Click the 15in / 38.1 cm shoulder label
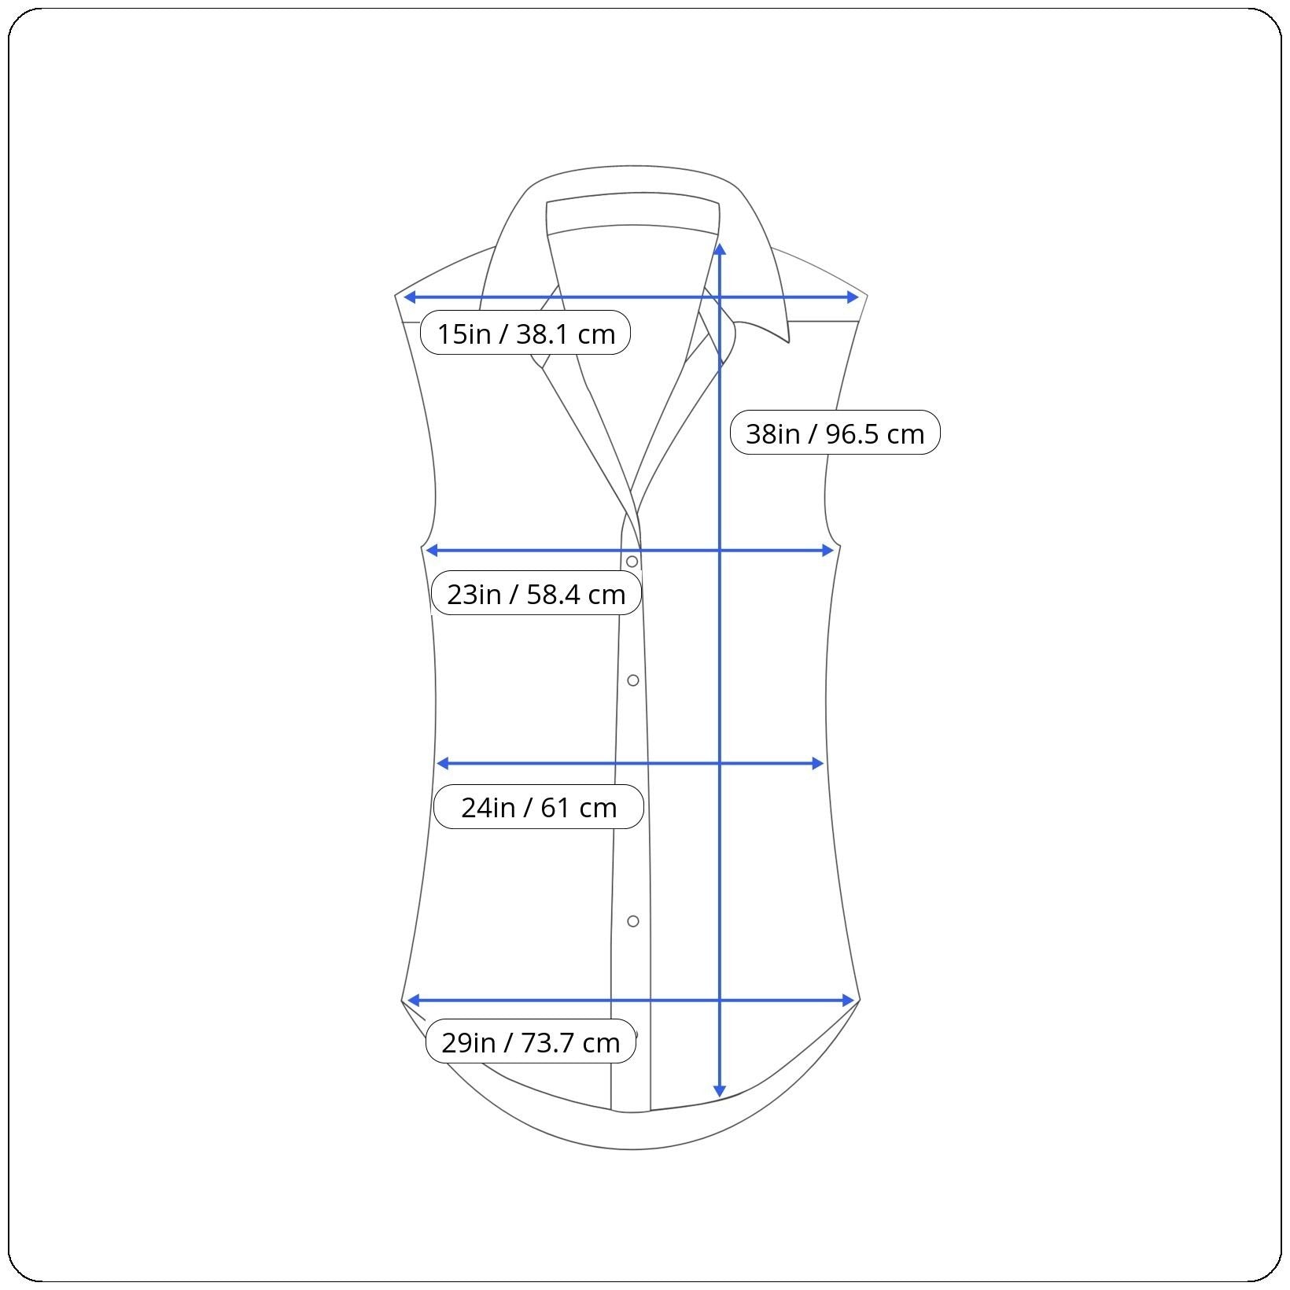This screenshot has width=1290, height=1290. click(525, 333)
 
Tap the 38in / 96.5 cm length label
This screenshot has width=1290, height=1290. click(835, 433)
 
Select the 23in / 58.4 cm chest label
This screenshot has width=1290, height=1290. click(536, 593)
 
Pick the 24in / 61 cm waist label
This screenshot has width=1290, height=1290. click(539, 806)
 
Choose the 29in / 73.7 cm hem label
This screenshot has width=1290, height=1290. click(531, 1041)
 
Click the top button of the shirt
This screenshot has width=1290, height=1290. click(632, 562)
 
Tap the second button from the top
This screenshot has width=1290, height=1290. click(633, 680)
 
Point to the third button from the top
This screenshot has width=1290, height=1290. click(633, 921)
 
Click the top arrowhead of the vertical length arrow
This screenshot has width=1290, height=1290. click(720, 249)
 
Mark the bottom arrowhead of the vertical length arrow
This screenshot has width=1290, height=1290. click(719, 1092)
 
